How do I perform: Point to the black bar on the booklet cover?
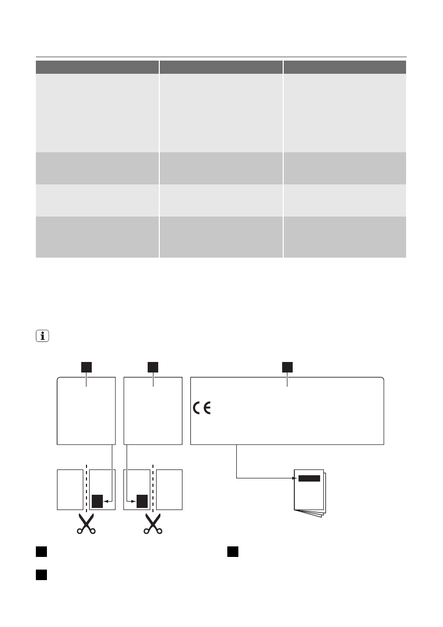[x=309, y=478]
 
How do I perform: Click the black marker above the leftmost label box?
[x=86, y=366]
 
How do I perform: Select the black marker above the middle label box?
[x=153, y=366]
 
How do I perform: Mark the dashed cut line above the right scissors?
[x=153, y=487]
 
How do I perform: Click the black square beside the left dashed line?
[x=97, y=501]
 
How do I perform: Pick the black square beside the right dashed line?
[x=141, y=501]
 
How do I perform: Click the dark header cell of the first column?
[x=97, y=67]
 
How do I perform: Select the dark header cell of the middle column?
[x=221, y=67]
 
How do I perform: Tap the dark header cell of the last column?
[x=345, y=67]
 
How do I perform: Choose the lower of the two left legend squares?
[x=40, y=575]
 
